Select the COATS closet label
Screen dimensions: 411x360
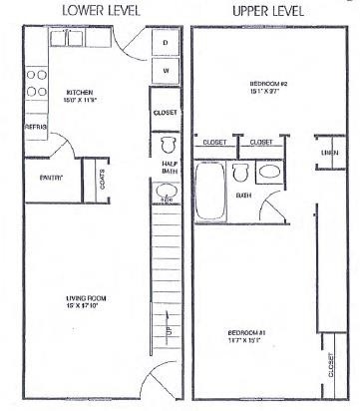click(103, 177)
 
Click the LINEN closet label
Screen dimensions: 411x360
click(328, 151)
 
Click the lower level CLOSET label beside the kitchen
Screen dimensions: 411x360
click(165, 114)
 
